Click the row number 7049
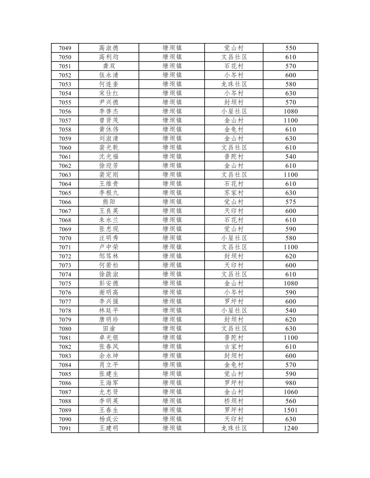pos(65,48)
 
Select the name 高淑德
pos(109,48)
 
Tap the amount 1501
pos(290,410)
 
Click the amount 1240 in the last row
pos(290,428)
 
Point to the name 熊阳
pos(109,202)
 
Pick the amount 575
pos(290,202)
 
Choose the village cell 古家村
pos(234,347)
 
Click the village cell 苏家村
pos(234,193)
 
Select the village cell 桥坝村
pos(234,401)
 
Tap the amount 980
pos(290,383)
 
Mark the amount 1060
pos(290,392)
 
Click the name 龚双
pos(109,66)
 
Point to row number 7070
pos(65,238)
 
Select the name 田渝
pos(109,329)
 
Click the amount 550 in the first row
pos(290,48)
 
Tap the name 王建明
pos(109,428)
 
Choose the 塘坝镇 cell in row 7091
pos(172,428)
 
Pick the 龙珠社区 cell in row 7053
pos(234,84)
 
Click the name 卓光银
pos(109,338)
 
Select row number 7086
pos(65,383)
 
